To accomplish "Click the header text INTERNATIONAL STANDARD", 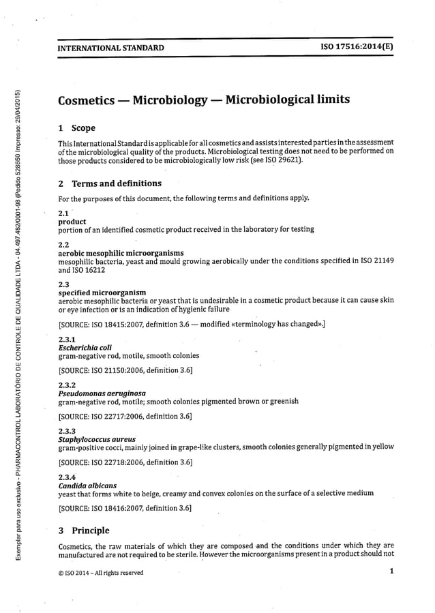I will click(x=110, y=48).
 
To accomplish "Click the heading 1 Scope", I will click(x=77, y=128).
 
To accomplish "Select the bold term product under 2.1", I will click(x=72, y=222).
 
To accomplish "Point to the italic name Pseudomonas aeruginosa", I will click(x=102, y=393).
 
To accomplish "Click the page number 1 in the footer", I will click(x=392, y=572).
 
